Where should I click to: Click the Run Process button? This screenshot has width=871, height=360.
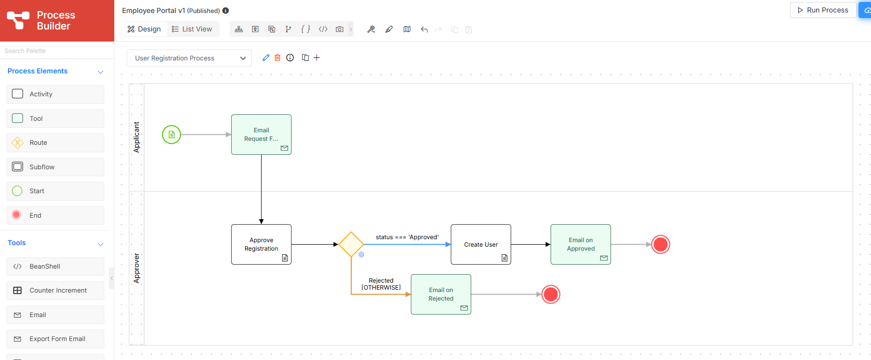(823, 10)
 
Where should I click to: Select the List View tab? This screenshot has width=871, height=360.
(192, 29)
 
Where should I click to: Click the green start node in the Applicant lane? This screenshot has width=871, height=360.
(171, 134)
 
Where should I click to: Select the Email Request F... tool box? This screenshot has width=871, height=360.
(261, 134)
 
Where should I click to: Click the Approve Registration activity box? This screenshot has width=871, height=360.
(261, 244)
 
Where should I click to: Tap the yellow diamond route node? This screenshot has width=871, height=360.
(351, 244)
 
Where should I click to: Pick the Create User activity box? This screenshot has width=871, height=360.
(481, 244)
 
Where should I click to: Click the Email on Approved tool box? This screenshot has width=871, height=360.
(581, 244)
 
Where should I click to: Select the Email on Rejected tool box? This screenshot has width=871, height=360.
(441, 294)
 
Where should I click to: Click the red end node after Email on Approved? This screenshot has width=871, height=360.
(660, 244)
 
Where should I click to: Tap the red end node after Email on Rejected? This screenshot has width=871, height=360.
(551, 294)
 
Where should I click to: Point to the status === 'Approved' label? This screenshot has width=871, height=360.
(407, 237)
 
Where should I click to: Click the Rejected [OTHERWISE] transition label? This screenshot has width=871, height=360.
(381, 284)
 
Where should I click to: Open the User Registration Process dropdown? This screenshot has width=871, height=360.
(189, 58)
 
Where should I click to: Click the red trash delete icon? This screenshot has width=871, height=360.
(278, 58)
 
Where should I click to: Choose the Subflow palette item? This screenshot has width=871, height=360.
(55, 167)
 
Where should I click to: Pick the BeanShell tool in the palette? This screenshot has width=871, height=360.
(55, 266)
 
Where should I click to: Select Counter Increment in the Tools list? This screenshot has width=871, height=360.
(55, 291)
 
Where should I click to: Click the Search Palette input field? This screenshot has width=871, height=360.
(57, 50)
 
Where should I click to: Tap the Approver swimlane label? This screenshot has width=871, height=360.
(136, 268)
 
